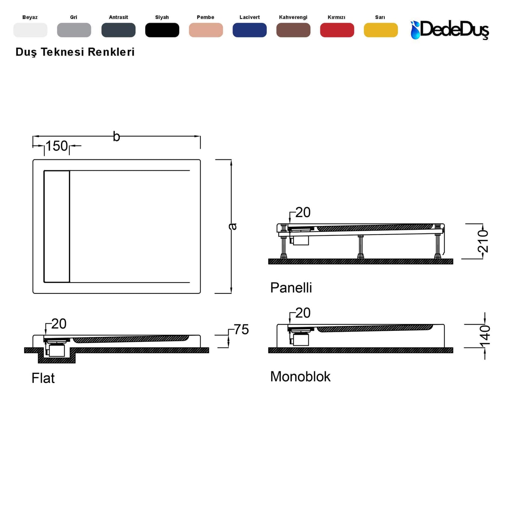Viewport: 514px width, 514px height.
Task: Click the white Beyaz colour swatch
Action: tap(30, 30)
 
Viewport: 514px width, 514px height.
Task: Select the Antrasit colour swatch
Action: tap(118, 30)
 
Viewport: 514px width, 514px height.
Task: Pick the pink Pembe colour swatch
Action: tap(206, 30)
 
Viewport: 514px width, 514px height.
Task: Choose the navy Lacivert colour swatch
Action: tap(249, 30)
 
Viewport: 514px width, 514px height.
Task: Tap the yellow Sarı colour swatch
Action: tap(381, 30)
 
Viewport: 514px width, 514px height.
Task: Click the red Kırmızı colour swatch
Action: tap(337, 30)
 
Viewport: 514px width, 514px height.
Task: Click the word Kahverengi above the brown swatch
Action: tap(293, 17)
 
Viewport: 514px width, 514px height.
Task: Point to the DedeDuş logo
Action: tap(450, 30)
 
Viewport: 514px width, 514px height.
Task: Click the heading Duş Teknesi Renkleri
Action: tap(75, 52)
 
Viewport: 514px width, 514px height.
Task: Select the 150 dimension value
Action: tap(57, 146)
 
